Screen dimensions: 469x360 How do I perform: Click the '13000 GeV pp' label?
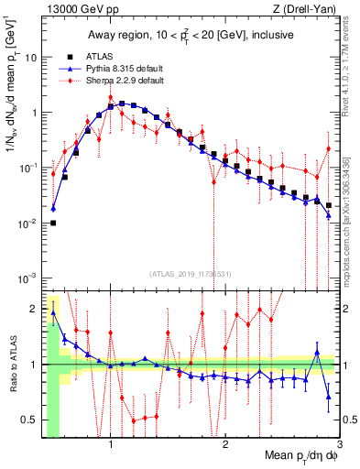point(79,9)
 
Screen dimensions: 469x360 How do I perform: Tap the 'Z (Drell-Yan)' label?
point(308,9)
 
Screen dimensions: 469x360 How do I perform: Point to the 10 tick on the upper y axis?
point(30,57)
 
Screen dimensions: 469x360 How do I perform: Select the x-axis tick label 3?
point(339,445)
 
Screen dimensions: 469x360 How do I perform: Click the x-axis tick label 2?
point(225,445)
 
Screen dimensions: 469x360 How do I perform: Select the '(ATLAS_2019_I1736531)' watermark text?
point(191,274)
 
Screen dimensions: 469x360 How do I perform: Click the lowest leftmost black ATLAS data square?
point(53,223)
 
